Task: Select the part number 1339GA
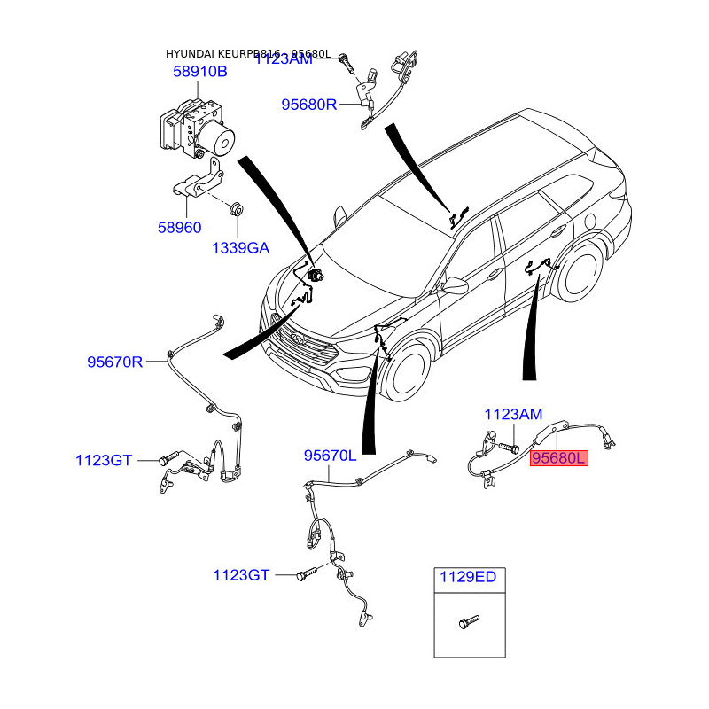tap(239, 248)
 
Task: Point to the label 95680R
tap(309, 105)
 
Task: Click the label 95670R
tap(114, 362)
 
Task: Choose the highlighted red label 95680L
tap(558, 458)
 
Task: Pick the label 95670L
tap(330, 456)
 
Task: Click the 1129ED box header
tap(469, 578)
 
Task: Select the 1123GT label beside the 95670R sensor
tap(104, 460)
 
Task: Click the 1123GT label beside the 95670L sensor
tap(241, 575)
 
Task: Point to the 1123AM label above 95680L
tap(512, 414)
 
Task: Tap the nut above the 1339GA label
tap(237, 210)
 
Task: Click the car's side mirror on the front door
tap(456, 284)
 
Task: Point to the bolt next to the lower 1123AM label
tap(510, 448)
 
